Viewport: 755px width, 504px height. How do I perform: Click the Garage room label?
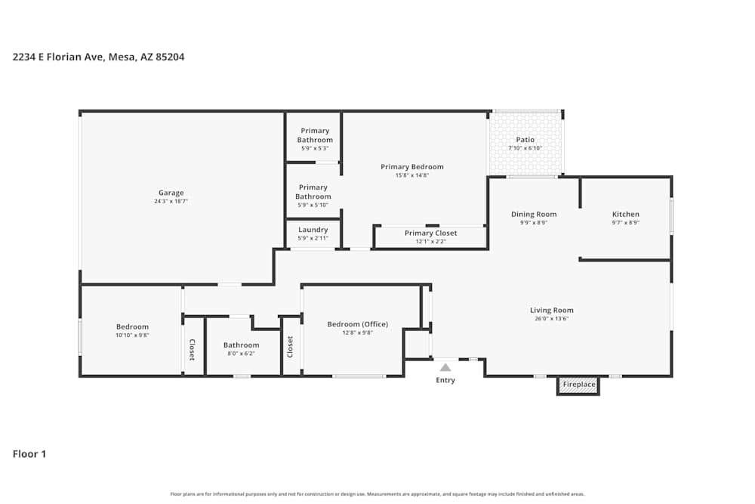point(171,193)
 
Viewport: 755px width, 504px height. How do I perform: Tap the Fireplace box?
point(579,385)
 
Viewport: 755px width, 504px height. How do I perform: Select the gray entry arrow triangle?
point(445,367)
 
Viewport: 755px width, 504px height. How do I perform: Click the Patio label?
point(525,140)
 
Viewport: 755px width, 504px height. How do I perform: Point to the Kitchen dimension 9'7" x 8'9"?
point(625,223)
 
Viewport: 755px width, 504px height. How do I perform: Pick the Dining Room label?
point(534,214)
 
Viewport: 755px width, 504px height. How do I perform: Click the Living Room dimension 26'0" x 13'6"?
point(551,319)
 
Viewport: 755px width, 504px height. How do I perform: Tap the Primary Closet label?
point(430,233)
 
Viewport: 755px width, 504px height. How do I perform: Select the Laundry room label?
point(313,230)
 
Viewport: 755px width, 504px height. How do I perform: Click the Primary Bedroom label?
point(411,167)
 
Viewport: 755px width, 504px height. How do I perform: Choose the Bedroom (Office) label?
point(357,324)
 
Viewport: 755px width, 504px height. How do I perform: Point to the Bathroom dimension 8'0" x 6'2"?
point(241,354)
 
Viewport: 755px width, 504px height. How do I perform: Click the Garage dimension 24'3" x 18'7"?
point(171,202)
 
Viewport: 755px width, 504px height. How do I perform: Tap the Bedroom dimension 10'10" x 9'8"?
point(132,335)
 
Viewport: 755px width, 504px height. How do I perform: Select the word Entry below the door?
point(445,380)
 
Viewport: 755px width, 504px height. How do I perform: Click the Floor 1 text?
point(29,454)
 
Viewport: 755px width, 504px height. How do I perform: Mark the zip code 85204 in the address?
point(169,57)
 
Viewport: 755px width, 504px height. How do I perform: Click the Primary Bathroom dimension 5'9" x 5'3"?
point(315,148)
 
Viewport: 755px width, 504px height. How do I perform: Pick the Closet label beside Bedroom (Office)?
point(290,347)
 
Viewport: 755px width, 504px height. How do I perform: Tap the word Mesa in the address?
point(122,57)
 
